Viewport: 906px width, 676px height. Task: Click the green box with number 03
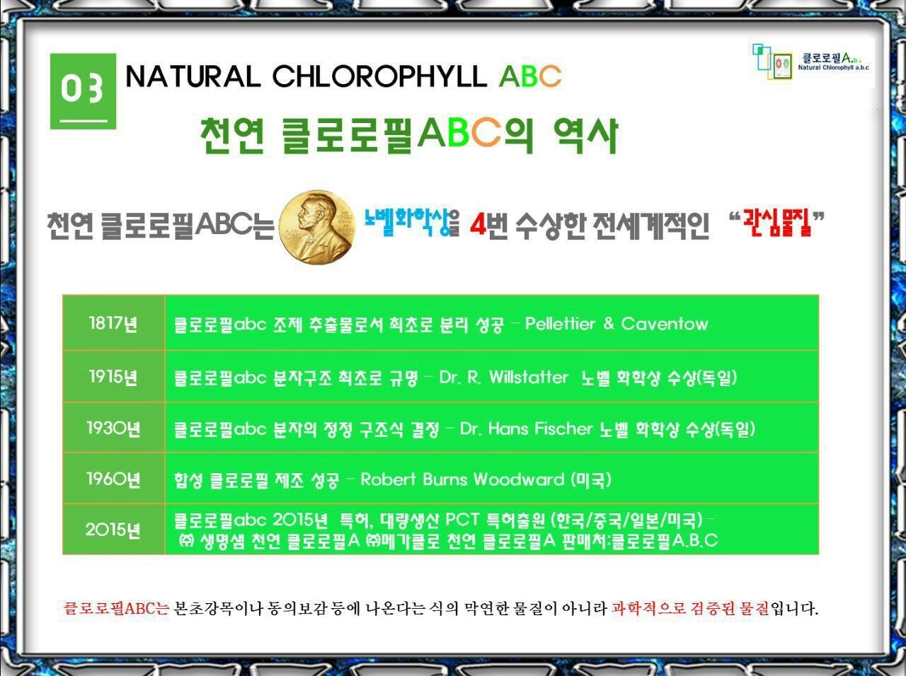(83, 91)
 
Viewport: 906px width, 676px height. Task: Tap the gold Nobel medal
(317, 227)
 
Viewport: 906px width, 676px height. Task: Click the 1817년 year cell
(113, 323)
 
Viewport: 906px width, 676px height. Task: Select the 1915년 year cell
(113, 376)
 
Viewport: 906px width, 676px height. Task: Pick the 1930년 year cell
(113, 428)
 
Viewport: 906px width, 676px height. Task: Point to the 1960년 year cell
(113, 479)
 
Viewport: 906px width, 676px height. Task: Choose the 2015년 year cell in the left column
(113, 529)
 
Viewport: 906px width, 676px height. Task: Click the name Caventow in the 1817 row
(665, 324)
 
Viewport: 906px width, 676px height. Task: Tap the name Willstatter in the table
(528, 377)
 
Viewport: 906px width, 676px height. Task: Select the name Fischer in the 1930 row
(563, 429)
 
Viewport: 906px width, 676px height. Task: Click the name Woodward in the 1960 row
(519, 479)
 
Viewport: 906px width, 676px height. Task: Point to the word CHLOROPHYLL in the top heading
(379, 76)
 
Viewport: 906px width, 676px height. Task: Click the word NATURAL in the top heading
(193, 76)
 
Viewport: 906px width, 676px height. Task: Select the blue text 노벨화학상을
(411, 223)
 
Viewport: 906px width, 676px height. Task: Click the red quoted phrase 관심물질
(776, 223)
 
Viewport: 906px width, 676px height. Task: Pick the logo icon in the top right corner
(772, 62)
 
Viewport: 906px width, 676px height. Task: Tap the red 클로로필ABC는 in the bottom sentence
(116, 608)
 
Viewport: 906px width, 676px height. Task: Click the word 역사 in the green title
(585, 136)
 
